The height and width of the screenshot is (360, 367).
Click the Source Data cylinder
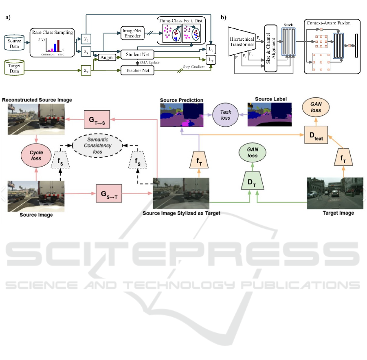[14, 42]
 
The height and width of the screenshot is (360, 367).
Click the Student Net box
[137, 53]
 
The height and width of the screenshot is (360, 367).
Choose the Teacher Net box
[137, 70]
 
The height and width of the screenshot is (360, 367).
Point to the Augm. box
[107, 59]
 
